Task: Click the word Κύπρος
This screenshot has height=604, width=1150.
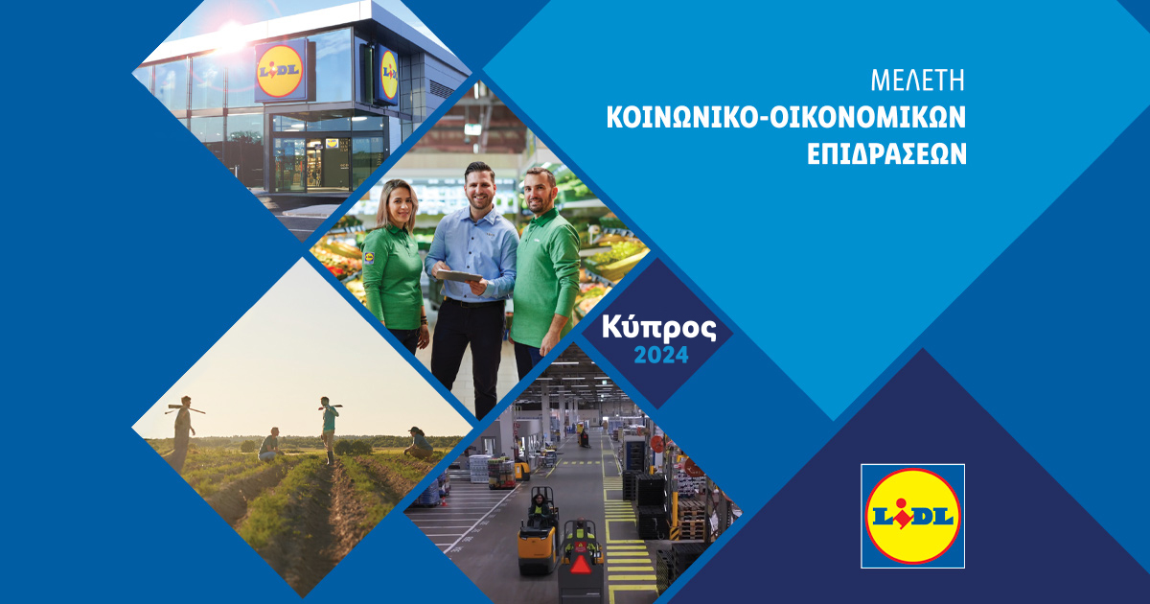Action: click(x=659, y=328)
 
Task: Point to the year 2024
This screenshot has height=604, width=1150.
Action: click(x=659, y=356)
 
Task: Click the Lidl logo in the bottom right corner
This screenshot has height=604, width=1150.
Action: click(x=912, y=516)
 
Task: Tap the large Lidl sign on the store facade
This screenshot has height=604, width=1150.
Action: click(x=281, y=69)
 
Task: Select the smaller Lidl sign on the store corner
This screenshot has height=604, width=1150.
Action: click(x=388, y=74)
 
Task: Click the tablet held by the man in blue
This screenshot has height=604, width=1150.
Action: click(x=459, y=276)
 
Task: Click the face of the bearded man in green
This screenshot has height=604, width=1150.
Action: click(x=540, y=190)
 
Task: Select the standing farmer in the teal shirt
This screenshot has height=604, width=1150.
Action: click(x=329, y=427)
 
